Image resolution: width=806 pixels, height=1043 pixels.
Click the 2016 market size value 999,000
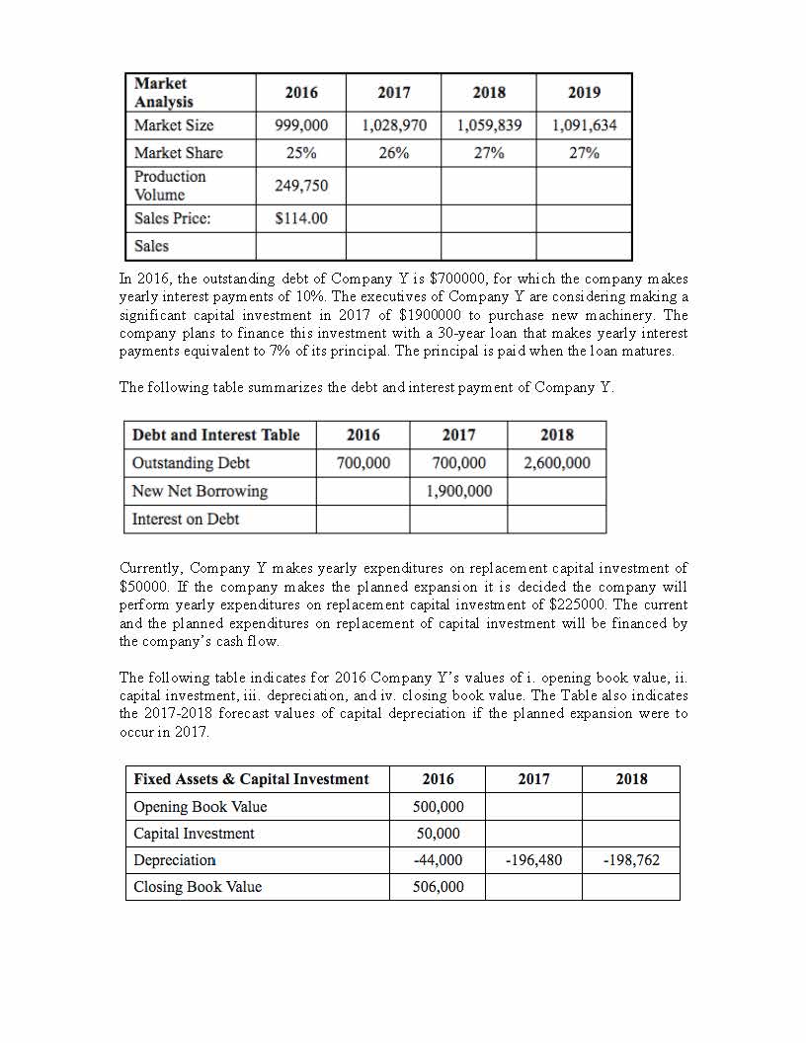click(301, 125)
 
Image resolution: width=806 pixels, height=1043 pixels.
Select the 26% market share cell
click(394, 153)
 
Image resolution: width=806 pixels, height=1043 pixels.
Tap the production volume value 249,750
click(301, 186)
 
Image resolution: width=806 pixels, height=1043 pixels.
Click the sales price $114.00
click(301, 218)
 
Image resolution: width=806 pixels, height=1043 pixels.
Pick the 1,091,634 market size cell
click(584, 125)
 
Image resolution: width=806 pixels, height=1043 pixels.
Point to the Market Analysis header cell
click(164, 93)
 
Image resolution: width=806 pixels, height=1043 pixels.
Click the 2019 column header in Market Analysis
click(584, 93)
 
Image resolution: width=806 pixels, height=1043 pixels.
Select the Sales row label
click(152, 246)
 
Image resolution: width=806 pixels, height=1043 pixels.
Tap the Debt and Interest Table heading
click(216, 436)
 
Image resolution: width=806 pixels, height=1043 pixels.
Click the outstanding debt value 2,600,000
click(557, 463)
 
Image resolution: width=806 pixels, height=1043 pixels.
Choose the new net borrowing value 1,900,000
click(458, 491)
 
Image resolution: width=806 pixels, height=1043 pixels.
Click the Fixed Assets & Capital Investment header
click(251, 779)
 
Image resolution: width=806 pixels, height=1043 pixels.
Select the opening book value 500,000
click(438, 807)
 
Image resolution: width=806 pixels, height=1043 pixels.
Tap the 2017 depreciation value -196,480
click(533, 860)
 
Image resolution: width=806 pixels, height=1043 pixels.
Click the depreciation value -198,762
click(630, 860)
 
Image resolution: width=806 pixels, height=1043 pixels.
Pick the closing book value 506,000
click(438, 887)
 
